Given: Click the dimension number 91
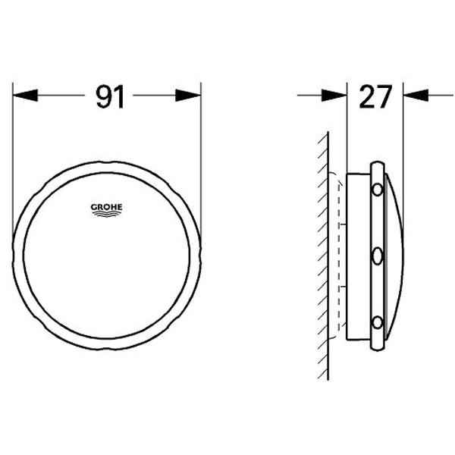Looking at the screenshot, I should point(108,97).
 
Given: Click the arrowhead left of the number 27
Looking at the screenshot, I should point(334,96).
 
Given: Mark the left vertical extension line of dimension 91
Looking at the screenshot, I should point(14,152).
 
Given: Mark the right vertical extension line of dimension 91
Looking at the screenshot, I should point(202,152).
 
